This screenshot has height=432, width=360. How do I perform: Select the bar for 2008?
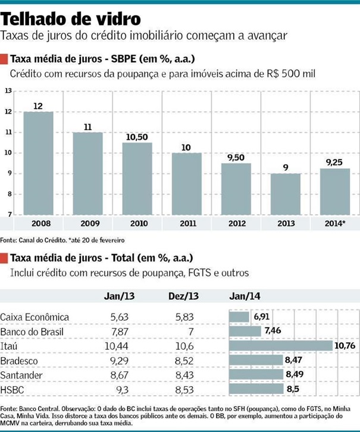click(38, 163)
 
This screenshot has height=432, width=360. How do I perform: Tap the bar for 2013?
click(286, 194)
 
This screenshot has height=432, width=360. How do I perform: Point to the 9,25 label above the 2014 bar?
click(335, 162)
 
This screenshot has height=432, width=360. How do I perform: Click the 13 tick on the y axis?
click(8, 91)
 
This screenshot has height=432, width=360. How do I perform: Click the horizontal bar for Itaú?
click(280, 346)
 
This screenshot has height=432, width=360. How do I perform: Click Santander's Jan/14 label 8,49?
click(295, 375)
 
